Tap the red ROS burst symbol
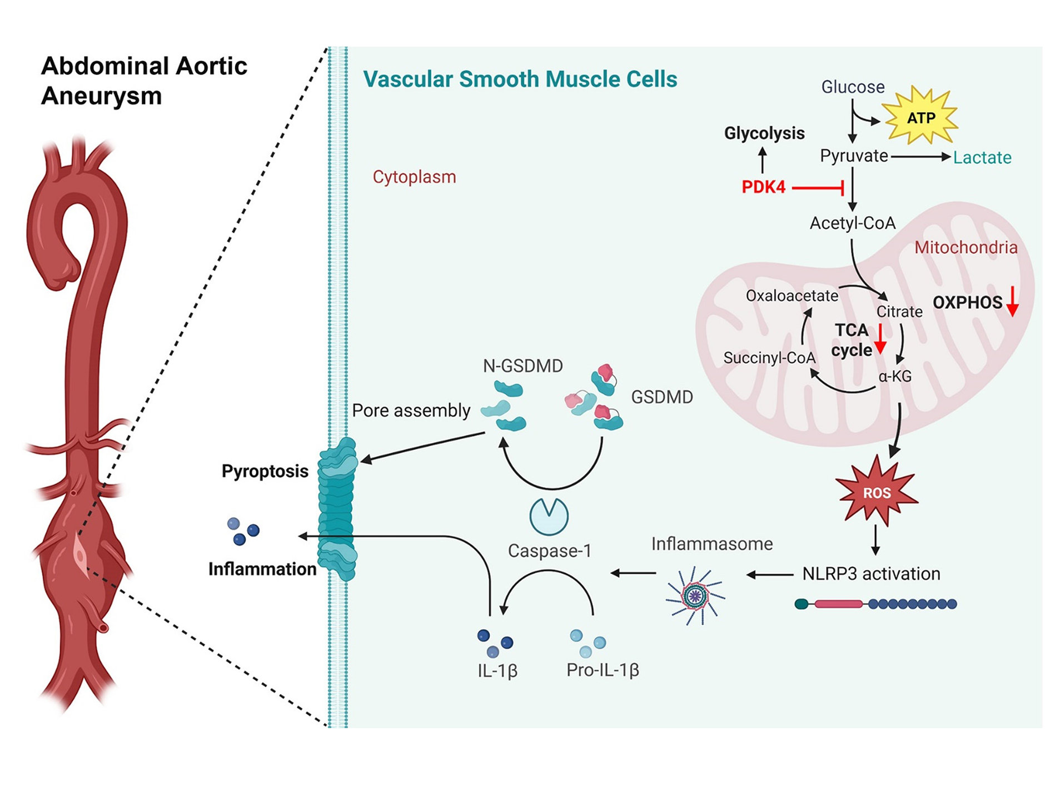(x=877, y=492)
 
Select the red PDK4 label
(x=763, y=187)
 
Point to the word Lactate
(x=982, y=158)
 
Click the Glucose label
(x=853, y=87)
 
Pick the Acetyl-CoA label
(x=852, y=223)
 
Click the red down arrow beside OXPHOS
(x=1013, y=302)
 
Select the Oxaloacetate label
(x=792, y=295)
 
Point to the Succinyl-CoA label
(x=769, y=358)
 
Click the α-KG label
(x=895, y=377)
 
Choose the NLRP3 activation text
(x=871, y=574)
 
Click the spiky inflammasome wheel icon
(x=695, y=596)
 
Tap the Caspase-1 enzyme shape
(x=549, y=516)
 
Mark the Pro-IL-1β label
(x=603, y=670)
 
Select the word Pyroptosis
(x=265, y=472)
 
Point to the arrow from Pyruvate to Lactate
(x=920, y=157)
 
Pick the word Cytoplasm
(x=414, y=177)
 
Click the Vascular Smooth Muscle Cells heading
(x=520, y=79)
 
